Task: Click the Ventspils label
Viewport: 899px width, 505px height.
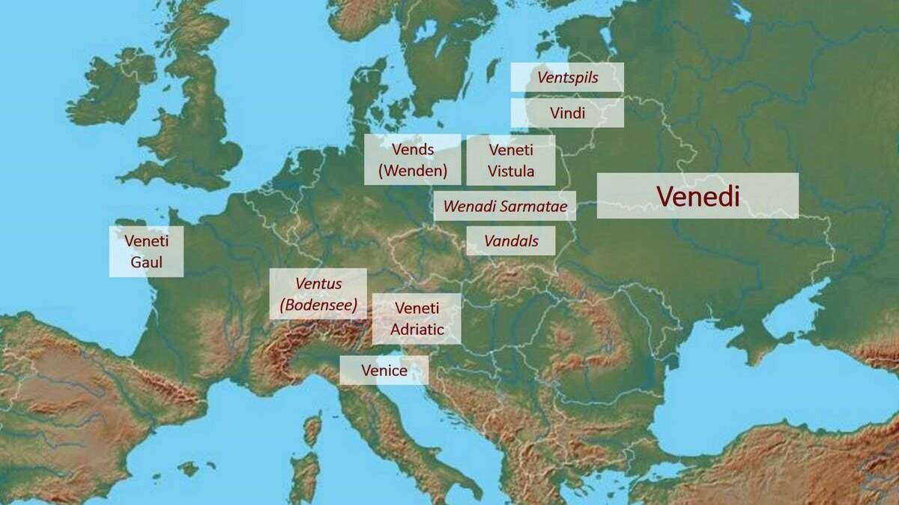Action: [567, 77]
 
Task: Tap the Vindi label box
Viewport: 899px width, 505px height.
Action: [567, 113]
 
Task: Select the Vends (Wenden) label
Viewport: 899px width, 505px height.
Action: [413, 160]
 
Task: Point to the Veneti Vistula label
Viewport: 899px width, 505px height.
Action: [511, 160]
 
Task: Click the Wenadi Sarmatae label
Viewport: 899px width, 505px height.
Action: [505, 206]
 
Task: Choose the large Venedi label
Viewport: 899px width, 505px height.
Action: [697, 196]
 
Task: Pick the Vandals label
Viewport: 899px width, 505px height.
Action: [511, 241]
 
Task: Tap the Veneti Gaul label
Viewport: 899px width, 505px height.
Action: [146, 252]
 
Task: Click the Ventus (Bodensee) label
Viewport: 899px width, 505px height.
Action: [318, 294]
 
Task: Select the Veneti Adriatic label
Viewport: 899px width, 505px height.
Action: [417, 318]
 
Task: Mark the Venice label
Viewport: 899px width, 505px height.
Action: [384, 370]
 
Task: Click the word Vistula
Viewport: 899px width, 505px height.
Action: [511, 171]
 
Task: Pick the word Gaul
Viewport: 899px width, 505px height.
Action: [146, 263]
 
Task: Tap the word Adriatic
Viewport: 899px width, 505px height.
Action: [417, 329]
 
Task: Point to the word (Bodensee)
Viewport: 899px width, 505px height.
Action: [318, 305]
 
